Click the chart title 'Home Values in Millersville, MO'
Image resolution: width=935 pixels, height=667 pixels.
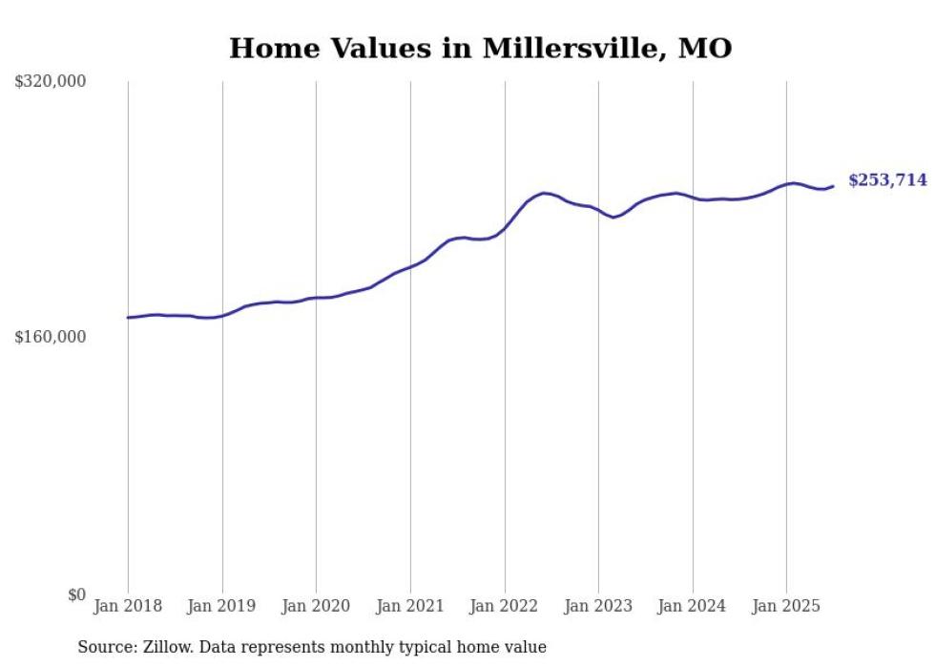pos(480,48)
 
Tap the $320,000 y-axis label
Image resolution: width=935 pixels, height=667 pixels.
pos(50,82)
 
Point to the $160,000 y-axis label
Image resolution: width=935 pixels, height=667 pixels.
pos(50,337)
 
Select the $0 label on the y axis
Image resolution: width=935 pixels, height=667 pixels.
pos(76,594)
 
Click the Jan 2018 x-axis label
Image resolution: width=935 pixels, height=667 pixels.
pos(128,606)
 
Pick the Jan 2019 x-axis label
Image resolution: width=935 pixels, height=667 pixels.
pos(222,606)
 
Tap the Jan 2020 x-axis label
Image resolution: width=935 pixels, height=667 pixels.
pos(316,606)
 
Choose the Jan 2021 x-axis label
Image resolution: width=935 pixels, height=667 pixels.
pos(410,606)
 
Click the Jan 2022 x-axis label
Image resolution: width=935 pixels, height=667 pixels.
pos(505,606)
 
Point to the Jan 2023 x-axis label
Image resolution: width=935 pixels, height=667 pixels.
pos(598,606)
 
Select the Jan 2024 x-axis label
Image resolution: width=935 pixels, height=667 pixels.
pos(693,606)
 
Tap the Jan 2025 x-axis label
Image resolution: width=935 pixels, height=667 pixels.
pos(786,606)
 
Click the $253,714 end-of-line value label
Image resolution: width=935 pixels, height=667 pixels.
pos(887,180)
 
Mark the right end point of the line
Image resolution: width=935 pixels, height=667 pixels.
pos(833,186)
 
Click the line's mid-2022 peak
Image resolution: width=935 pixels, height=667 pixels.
pos(544,193)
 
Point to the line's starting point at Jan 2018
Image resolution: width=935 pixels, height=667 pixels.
pos(128,318)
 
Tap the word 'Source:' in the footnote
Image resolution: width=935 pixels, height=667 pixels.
pos(105,647)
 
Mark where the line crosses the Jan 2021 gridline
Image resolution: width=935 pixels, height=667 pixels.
pos(410,266)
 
